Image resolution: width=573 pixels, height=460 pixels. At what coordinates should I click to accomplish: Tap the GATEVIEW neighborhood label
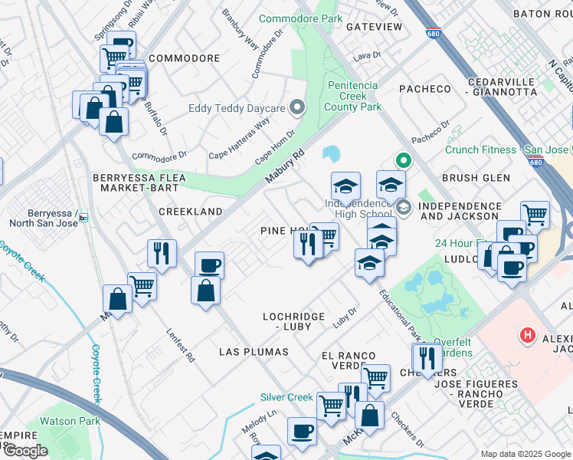tap(374, 27)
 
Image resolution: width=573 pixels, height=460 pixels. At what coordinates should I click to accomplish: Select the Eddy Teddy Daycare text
tap(237, 108)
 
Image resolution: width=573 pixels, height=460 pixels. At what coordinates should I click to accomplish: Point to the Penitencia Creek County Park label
tap(353, 96)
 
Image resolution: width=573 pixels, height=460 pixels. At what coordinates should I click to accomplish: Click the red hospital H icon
tap(527, 335)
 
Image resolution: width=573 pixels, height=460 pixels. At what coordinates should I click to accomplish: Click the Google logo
tap(25, 451)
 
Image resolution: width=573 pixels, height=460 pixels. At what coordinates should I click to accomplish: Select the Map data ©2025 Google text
tap(525, 454)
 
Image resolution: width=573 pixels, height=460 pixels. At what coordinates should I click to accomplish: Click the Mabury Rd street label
tap(285, 165)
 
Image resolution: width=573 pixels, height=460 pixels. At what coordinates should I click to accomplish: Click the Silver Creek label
tap(286, 397)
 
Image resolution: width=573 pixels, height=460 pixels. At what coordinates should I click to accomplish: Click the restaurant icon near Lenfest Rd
tap(162, 254)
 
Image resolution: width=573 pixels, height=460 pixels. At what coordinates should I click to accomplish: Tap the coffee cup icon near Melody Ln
tap(302, 431)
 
